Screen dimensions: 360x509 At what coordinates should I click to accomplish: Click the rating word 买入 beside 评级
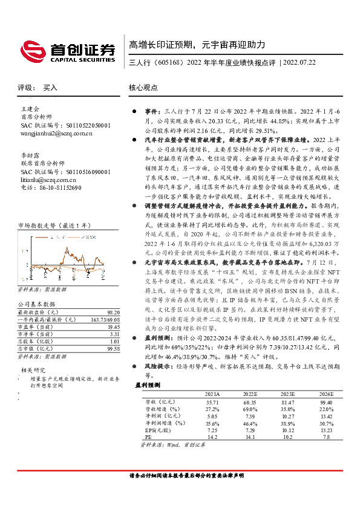[x=50, y=87]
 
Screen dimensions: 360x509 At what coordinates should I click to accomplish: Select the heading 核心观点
[x=143, y=87]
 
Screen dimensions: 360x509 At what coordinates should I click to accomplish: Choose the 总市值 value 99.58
[x=113, y=348]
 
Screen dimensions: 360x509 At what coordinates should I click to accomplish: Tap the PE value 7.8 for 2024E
[x=327, y=437]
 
